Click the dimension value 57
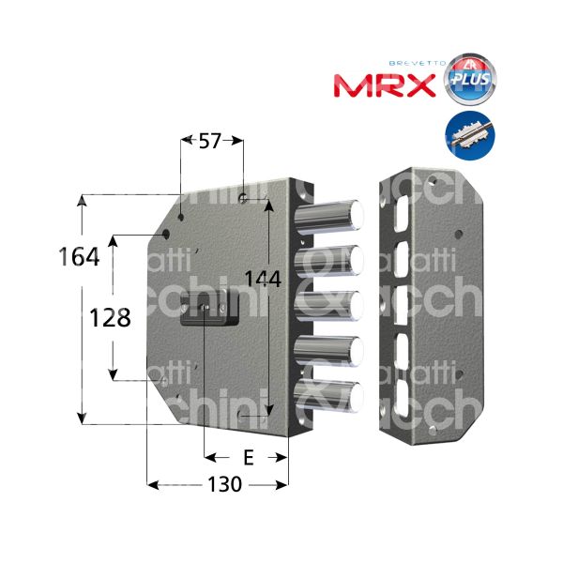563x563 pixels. tap(211, 142)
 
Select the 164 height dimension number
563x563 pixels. tap(79, 256)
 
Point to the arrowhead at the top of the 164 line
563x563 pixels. tap(84, 200)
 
